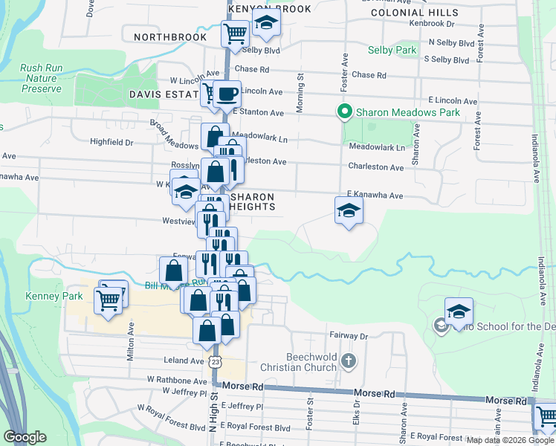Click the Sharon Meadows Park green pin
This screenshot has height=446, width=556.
click(x=344, y=113)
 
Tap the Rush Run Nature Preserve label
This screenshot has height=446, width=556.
click(x=41, y=78)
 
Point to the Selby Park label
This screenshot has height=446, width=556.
click(x=392, y=51)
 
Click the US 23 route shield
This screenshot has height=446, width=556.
click(x=215, y=361)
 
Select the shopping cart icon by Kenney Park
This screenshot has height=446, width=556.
click(x=109, y=301)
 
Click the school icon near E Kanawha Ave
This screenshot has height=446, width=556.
click(x=348, y=211)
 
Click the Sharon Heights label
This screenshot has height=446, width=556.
click(x=253, y=201)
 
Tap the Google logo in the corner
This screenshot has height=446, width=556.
click(x=25, y=436)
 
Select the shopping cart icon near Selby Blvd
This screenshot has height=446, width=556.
click(x=235, y=33)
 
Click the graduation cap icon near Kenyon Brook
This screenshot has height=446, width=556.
click(x=266, y=22)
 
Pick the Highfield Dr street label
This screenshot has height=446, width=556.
click(x=111, y=142)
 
